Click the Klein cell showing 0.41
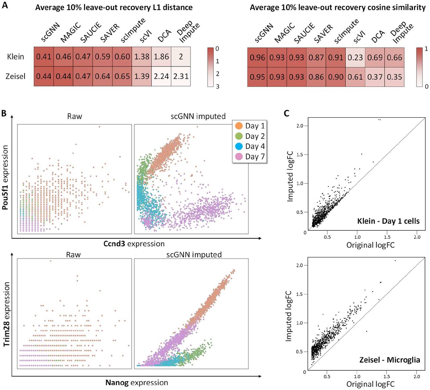44,57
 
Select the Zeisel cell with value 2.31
181,77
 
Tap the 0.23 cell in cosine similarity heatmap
355,57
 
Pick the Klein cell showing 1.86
161,57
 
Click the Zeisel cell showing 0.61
355,77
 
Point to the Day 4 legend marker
239,146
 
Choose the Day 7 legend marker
239,156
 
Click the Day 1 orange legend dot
239,126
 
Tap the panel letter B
4,113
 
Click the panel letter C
287,113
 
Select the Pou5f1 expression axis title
6,177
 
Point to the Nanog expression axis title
137,383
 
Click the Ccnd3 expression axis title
134,244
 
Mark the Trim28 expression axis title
6,314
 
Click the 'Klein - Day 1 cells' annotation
388,221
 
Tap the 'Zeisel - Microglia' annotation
390,360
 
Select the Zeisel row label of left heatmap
15,77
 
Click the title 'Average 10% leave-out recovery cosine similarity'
338,7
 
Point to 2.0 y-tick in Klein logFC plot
300,126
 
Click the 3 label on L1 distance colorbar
218,86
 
